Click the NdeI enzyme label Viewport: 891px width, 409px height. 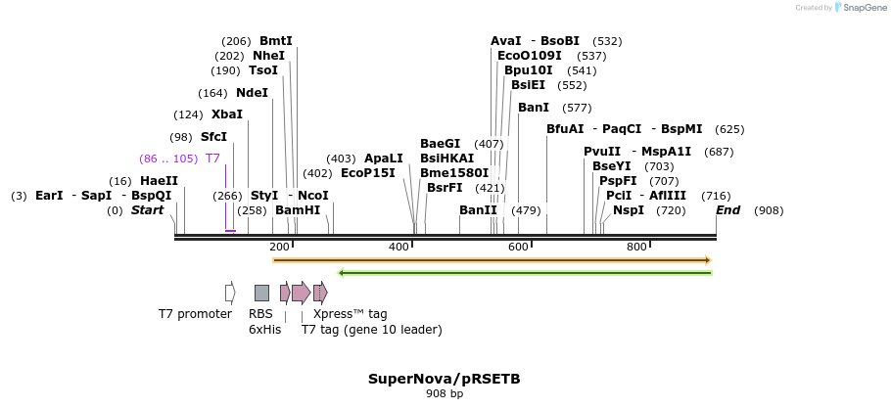pos(252,93)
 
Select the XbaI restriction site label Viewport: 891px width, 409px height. pos(226,114)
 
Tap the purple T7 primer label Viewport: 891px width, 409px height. pos(212,159)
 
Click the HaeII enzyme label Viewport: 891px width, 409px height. pos(159,181)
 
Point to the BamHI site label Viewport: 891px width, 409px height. pos(298,210)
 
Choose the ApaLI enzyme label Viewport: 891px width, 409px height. pos(383,159)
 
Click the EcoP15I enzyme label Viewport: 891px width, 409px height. pos(367,173)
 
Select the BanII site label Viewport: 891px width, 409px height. pos(478,210)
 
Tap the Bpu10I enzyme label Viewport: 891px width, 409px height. pos(529,70)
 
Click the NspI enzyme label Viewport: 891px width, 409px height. pos(629,210)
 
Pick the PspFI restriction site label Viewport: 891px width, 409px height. pos(618,181)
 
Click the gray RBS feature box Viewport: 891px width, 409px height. pos(261,293)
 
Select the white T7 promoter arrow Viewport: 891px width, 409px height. pos(230,293)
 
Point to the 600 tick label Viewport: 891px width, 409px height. pos(518,247)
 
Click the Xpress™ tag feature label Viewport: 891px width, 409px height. pos(350,314)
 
